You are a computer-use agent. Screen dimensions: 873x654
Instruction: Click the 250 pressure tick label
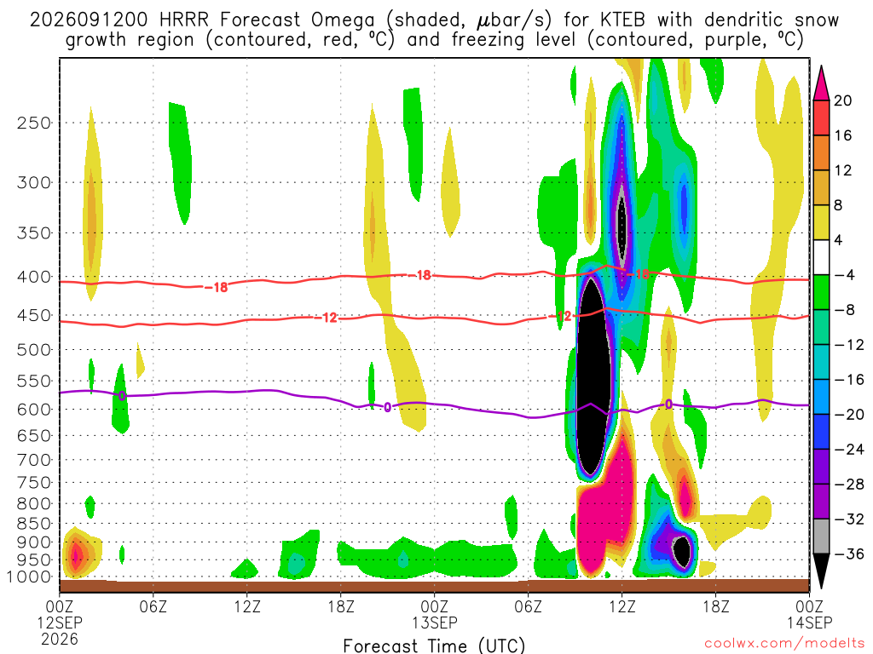pos(34,123)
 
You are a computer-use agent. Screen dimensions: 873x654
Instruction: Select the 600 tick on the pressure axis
pos(34,410)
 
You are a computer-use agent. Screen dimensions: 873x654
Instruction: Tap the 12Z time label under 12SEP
pos(247,606)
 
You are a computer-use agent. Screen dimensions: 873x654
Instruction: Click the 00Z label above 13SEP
pos(434,606)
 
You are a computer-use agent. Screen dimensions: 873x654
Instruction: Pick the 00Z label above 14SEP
pos(809,606)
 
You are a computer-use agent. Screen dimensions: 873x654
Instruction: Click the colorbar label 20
pos(842,100)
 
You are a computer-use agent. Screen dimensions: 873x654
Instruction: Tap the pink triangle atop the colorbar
pos(821,84)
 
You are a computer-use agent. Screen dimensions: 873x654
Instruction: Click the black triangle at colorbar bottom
pos(821,571)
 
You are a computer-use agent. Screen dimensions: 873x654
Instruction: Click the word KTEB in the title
pos(623,20)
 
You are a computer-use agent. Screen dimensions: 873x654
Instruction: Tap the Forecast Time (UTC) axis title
pos(434,645)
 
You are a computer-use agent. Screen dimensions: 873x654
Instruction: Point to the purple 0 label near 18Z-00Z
pos(388,408)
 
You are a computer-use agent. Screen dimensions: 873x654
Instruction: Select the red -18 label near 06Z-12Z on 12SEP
pos(216,288)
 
